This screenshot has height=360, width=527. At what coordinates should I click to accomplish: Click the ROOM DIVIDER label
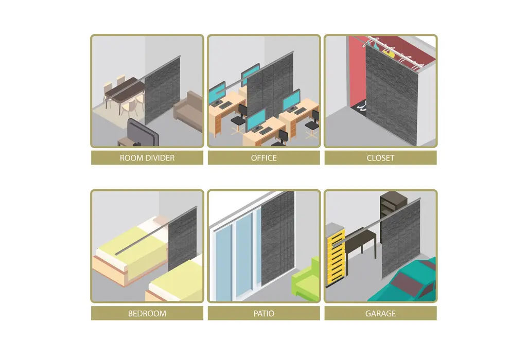(147, 158)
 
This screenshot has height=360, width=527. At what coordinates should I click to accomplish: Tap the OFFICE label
(264, 158)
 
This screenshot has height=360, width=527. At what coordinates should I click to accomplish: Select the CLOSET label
(380, 158)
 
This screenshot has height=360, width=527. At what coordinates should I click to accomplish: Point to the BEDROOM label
(147, 313)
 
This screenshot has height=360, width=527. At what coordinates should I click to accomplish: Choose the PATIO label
(264, 313)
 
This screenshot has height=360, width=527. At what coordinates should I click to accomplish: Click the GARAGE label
(380, 313)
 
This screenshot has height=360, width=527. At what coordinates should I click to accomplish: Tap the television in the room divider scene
(143, 132)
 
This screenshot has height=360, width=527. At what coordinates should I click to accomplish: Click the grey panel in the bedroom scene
(183, 239)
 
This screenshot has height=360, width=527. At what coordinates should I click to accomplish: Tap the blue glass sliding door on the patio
(235, 255)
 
